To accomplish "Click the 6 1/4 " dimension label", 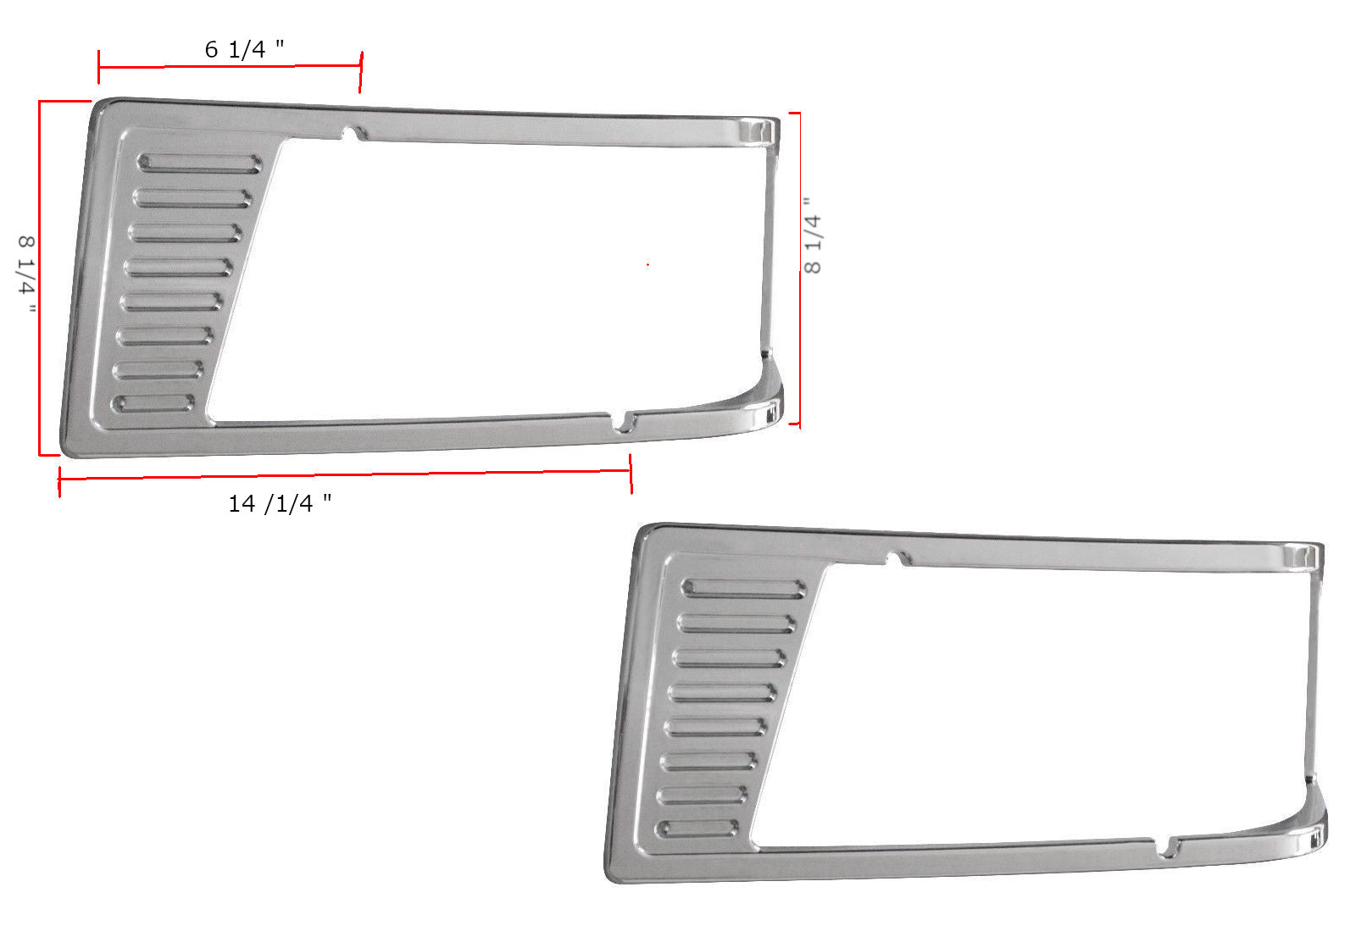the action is (245, 49).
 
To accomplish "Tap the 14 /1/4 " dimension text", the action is (280, 503).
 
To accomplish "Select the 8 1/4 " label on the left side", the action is (26, 274).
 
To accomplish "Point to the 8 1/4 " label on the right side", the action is (813, 236).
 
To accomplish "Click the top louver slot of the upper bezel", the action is (200, 164).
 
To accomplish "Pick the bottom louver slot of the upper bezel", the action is (153, 403).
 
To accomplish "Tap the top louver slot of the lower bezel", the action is (743, 589).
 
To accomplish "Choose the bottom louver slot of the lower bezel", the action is (697, 829).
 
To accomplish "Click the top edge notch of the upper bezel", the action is (355, 132).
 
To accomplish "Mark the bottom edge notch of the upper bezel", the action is (621, 423).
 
